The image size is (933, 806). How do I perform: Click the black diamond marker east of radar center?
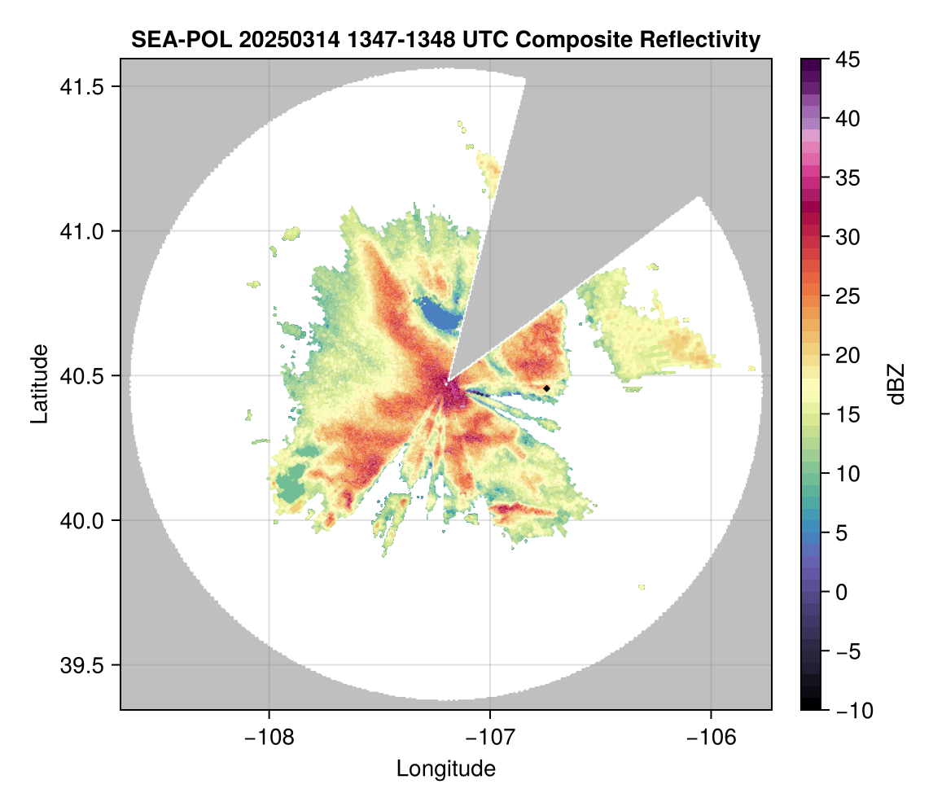(x=547, y=388)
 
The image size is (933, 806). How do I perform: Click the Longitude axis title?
(x=445, y=769)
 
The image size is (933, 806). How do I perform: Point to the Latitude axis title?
(x=38, y=383)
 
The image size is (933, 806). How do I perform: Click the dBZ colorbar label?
(x=896, y=383)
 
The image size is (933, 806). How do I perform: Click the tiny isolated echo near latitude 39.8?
(x=642, y=586)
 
